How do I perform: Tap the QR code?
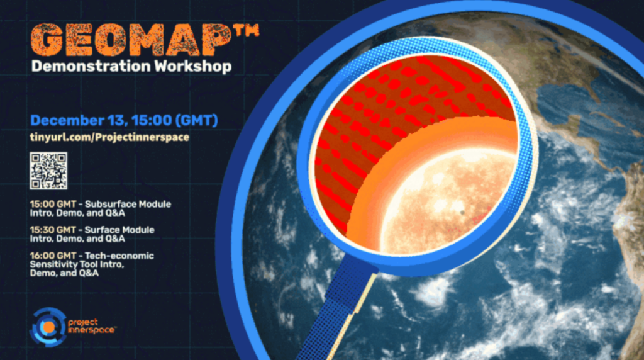tap(48, 170)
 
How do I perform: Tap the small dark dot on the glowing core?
tap(462, 213)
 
